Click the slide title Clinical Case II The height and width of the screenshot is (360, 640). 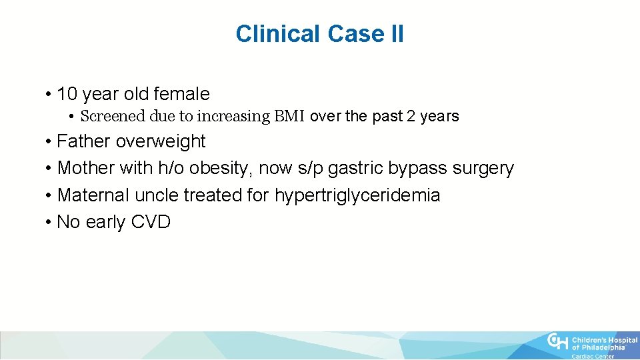pos(319,33)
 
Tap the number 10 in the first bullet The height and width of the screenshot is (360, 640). pos(67,94)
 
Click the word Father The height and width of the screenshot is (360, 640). pos(84,141)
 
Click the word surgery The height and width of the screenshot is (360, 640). pos(483,168)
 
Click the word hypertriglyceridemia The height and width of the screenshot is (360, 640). pos(357,195)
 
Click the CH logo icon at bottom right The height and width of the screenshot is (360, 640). pos(557,341)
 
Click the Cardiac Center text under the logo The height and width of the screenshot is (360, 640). pos(593,356)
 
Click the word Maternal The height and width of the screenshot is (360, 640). pos(94,195)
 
